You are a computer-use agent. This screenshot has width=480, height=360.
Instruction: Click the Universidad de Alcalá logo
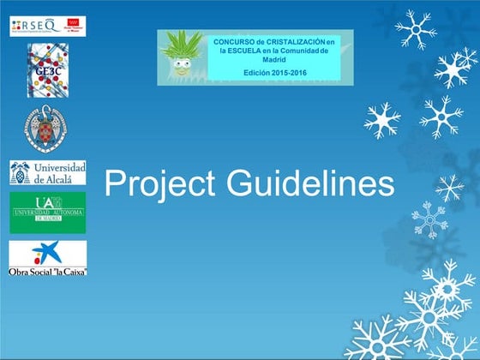pos(48,171)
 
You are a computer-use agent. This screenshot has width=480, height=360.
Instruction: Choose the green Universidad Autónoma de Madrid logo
pos(48,213)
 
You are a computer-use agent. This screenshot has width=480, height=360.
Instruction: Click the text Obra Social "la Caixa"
pos(48,271)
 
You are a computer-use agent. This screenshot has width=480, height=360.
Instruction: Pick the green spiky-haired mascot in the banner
pos(183,56)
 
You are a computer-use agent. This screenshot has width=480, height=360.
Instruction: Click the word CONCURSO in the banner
pos(237,40)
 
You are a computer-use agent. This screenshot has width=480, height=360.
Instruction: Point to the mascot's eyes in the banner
pos(181,64)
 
